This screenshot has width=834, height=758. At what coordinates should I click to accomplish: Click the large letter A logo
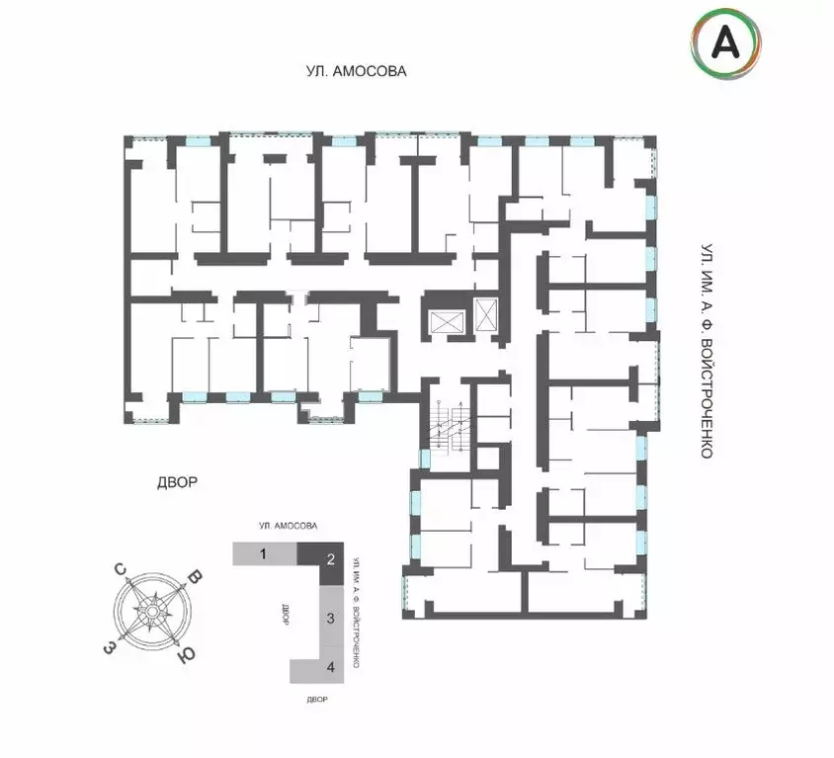click(725, 43)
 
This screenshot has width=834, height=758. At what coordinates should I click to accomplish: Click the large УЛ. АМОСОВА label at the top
click(357, 71)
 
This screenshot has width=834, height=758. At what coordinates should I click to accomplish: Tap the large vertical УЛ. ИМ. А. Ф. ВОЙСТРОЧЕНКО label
click(707, 351)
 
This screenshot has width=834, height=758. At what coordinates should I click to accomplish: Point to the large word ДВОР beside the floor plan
click(178, 482)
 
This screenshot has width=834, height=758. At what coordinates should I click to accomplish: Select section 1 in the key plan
click(265, 553)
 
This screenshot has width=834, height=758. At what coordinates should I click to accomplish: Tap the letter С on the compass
click(121, 569)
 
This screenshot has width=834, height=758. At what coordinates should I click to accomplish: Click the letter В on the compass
click(196, 578)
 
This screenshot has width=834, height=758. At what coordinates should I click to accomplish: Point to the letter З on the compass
click(109, 648)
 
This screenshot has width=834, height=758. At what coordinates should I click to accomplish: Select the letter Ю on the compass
click(186, 655)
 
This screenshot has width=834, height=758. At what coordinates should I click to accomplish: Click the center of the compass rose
click(152, 612)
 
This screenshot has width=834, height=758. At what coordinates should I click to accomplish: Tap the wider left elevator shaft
click(447, 322)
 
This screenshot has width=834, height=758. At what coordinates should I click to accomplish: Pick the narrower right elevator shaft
click(485, 314)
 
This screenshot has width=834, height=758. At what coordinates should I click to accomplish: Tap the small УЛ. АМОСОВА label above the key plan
click(289, 526)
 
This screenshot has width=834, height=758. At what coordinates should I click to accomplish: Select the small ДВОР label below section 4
click(317, 700)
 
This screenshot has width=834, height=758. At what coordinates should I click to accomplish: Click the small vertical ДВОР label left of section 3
click(286, 615)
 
